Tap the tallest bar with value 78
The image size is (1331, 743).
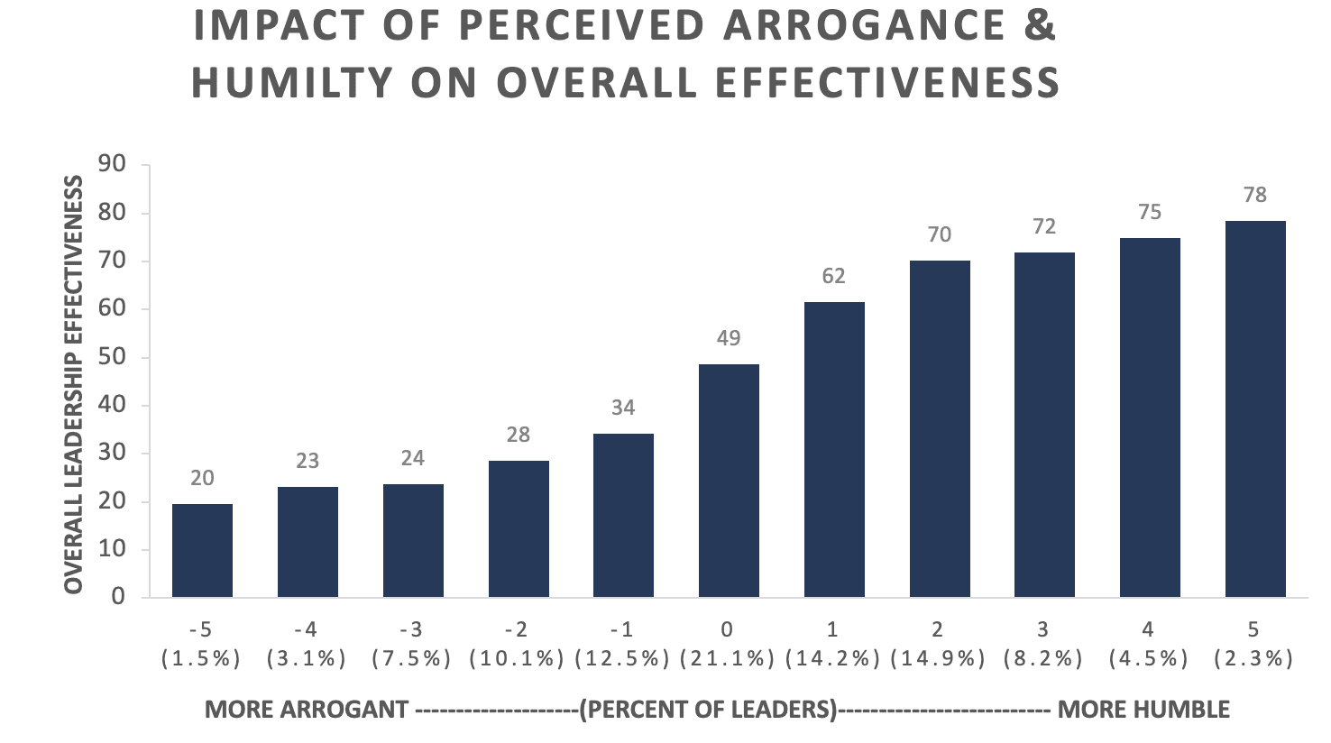click(x=1255, y=409)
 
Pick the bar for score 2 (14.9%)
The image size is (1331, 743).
click(x=940, y=429)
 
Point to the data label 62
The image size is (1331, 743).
click(x=834, y=276)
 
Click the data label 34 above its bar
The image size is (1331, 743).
click(x=623, y=408)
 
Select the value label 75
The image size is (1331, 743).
click(x=1150, y=213)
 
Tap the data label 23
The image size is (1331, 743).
click(x=308, y=461)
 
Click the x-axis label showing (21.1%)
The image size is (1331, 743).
click(x=729, y=659)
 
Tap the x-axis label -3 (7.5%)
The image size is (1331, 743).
click(x=412, y=644)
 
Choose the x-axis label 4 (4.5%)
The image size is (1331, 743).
click(x=1150, y=644)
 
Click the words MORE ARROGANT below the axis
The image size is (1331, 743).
click(x=307, y=710)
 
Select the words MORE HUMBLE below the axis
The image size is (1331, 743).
click(x=1143, y=710)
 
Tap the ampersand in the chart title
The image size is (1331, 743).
click(x=1040, y=26)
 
